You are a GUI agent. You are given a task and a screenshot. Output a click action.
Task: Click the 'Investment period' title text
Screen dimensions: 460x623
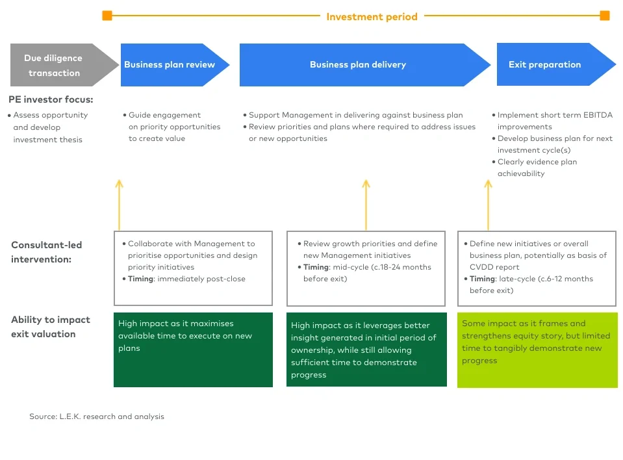coord(372,16)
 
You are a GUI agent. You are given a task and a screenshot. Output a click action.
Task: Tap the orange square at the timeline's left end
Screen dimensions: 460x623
coord(107,16)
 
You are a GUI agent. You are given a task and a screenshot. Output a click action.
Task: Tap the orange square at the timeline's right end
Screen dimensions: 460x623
coord(605,16)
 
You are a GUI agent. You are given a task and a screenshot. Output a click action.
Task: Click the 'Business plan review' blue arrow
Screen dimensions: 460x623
coord(170,64)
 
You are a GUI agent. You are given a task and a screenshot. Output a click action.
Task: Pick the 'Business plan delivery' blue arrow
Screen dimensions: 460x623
coord(358,64)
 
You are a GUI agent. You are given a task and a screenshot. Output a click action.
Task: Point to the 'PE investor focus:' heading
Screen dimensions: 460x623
coord(51,99)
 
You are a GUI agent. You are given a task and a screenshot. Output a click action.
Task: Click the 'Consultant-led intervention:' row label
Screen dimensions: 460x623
coord(47,252)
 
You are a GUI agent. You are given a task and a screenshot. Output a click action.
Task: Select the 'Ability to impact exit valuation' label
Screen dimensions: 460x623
coord(51,327)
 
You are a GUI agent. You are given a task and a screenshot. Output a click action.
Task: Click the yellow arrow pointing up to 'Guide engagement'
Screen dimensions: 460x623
coord(119,204)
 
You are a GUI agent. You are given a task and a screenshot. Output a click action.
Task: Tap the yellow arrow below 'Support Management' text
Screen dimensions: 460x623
coord(366,204)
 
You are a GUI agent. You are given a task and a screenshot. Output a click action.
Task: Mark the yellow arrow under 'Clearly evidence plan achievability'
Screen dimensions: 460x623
coord(488,204)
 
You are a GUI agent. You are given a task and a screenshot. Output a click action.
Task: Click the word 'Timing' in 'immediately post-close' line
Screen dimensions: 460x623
coord(141,279)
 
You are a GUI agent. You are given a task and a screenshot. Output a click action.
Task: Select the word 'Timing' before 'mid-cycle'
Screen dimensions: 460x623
coord(316,267)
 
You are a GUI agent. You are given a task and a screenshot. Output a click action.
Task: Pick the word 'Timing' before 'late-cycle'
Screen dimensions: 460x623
coord(483,279)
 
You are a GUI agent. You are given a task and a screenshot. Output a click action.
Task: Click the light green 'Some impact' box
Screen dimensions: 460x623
coord(537,350)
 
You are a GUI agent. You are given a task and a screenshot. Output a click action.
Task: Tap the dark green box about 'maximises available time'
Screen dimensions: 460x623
coord(193,350)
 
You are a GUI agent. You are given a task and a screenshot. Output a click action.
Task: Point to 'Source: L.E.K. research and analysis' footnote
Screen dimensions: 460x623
coord(97,416)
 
